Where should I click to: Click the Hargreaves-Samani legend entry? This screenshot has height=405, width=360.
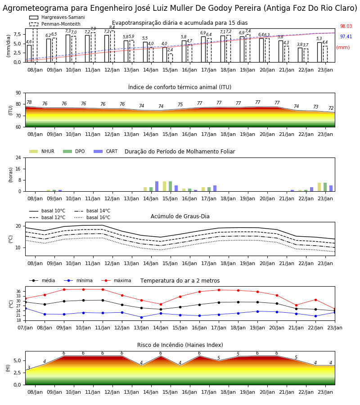(57, 17)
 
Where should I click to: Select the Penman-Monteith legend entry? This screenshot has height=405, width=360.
(55, 24)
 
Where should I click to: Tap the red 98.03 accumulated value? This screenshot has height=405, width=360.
(346, 27)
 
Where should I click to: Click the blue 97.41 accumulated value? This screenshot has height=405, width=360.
(346, 37)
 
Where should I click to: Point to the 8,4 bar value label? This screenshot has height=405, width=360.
(112, 27)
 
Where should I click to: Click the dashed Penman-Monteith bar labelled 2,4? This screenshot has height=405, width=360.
(171, 58)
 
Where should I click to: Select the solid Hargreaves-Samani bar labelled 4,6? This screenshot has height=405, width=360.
(29, 54)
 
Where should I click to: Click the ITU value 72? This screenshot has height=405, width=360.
(331, 108)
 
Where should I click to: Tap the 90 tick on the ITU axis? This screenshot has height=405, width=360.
(18, 93)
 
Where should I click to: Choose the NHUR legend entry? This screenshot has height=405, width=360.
(42, 151)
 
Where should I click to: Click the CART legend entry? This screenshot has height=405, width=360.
(106, 151)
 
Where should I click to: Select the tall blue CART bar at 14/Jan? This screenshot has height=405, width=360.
(157, 186)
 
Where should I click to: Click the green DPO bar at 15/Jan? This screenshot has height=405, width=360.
(170, 186)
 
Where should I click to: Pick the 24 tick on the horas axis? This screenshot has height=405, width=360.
(18, 157)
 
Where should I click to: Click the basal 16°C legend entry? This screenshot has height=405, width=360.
(92, 217)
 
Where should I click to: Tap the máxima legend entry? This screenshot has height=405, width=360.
(117, 280)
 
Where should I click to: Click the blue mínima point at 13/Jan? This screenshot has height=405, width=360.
(141, 317)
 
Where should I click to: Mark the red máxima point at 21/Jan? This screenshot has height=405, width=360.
(296, 305)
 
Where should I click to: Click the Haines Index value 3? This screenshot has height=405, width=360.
(29, 368)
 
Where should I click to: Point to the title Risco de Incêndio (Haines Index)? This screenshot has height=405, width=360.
(180, 345)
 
